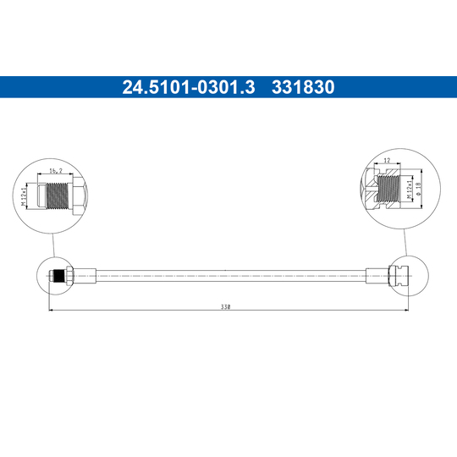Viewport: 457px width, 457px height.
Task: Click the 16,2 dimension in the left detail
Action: pos(55,171)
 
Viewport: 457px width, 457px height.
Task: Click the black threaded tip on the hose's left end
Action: pos(58,275)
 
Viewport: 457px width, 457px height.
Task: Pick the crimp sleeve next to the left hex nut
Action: pos(87,275)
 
